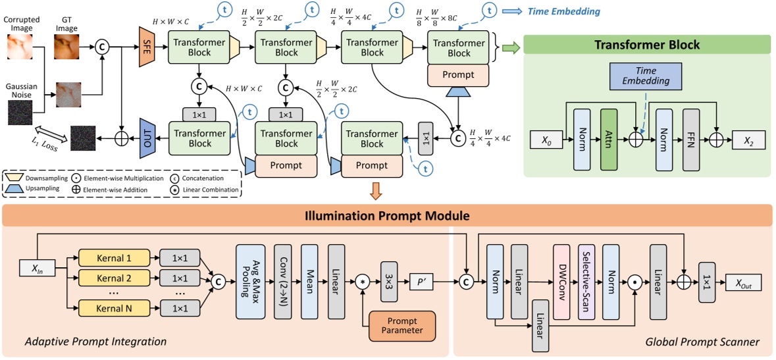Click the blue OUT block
tap(146, 138)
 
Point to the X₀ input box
tap(547, 139)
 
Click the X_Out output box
tap(743, 284)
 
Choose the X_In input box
tap(37, 267)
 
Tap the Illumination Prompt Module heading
tap(387, 215)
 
